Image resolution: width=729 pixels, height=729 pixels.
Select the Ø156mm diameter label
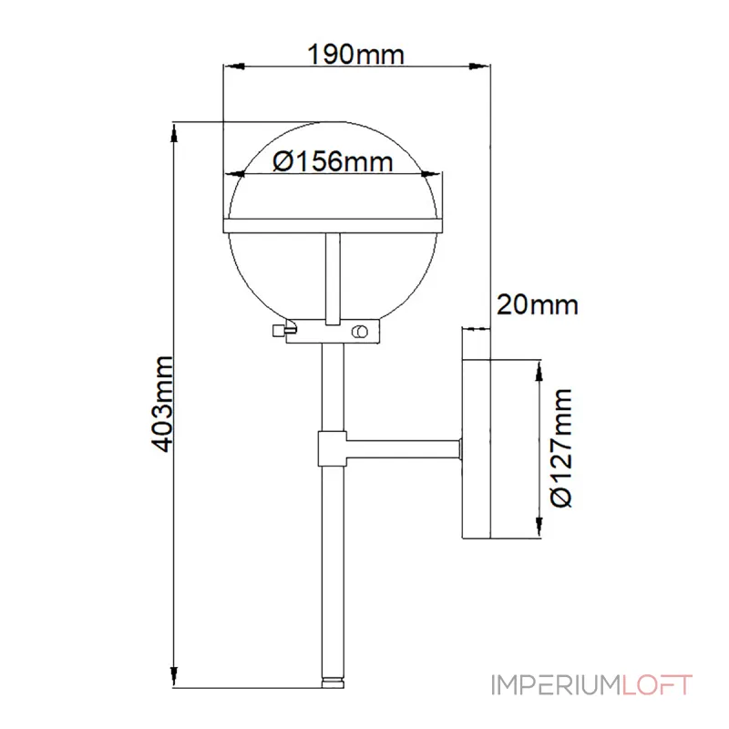click(x=332, y=161)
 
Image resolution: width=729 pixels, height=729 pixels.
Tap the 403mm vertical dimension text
click(x=163, y=404)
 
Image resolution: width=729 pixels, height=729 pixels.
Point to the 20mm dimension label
click(x=537, y=303)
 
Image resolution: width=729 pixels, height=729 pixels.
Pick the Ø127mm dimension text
click(x=562, y=447)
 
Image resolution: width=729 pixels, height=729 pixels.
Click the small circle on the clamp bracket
click(x=362, y=332)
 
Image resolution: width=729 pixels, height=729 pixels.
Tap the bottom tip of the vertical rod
click(x=333, y=679)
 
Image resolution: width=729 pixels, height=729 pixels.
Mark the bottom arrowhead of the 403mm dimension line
click(x=174, y=678)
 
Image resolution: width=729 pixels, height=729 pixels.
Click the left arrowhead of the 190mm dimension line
click(x=231, y=65)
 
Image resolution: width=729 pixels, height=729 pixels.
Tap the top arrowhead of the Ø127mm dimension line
click(x=540, y=368)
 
